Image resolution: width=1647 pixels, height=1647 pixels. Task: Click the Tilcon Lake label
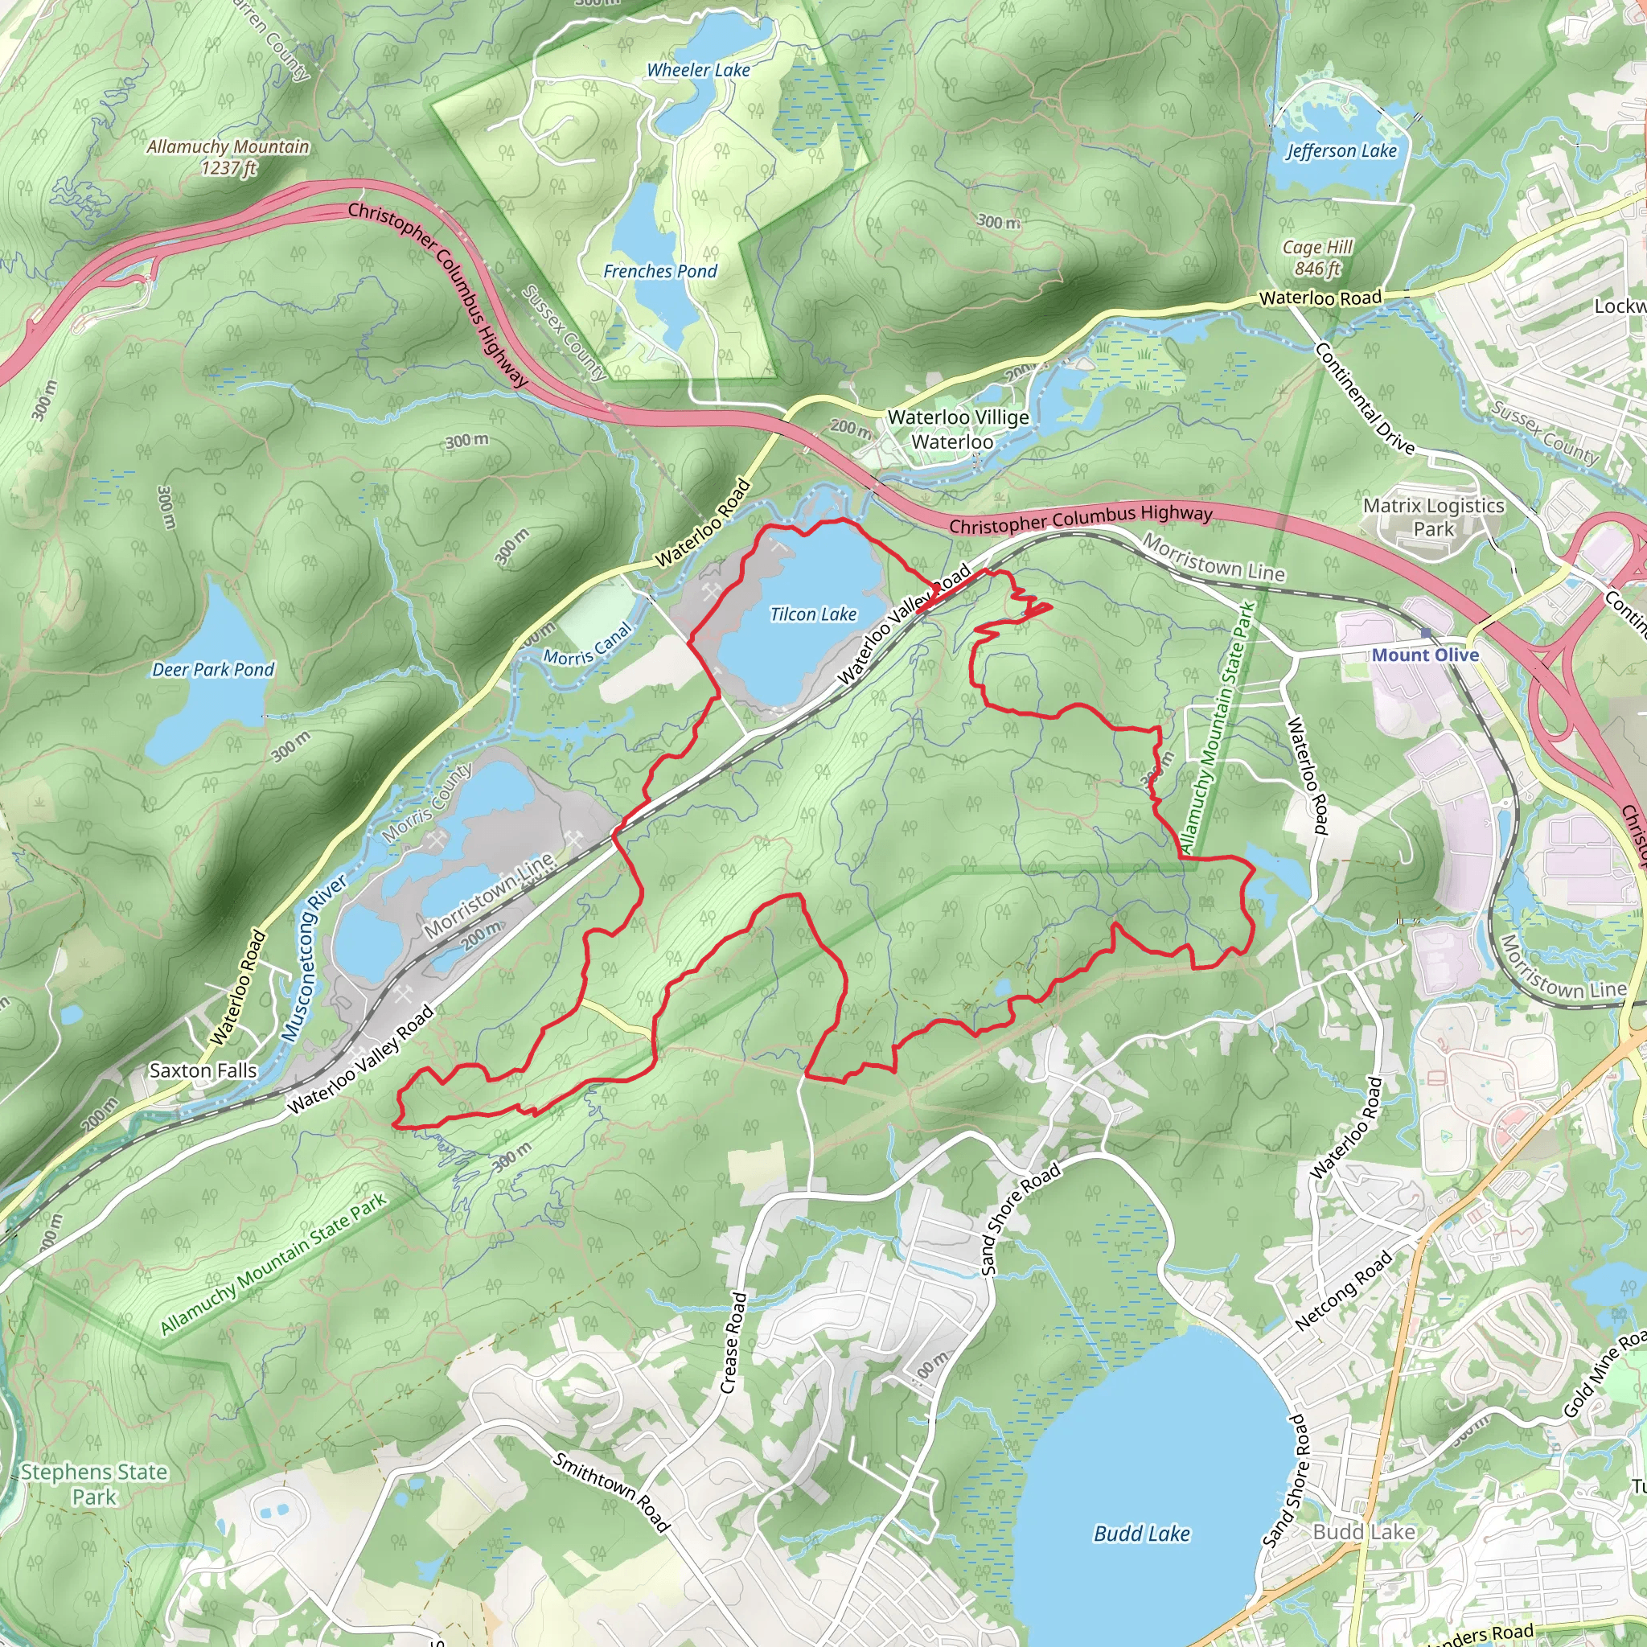tap(812, 614)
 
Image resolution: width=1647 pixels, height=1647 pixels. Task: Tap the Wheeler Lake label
tap(698, 71)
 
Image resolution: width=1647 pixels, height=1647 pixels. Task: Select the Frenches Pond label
tap(659, 271)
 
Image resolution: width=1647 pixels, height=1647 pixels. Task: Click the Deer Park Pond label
tap(213, 669)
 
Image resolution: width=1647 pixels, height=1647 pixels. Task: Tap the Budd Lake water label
tap(1141, 1534)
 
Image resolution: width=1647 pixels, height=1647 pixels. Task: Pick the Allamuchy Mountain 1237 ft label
tap(228, 157)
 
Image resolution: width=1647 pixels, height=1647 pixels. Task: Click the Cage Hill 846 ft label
tap(1317, 257)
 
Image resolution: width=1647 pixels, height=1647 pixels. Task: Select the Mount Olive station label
tap(1424, 655)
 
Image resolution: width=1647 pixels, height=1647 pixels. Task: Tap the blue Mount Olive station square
tap(1425, 633)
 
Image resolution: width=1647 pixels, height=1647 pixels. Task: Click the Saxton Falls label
tap(203, 1070)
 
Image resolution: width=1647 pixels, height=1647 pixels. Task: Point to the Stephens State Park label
tap(94, 1485)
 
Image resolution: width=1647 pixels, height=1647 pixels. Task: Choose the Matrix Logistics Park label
tap(1433, 516)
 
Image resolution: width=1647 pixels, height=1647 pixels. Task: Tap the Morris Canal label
tap(588, 645)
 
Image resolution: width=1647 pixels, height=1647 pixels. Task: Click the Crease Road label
tap(733, 1343)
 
